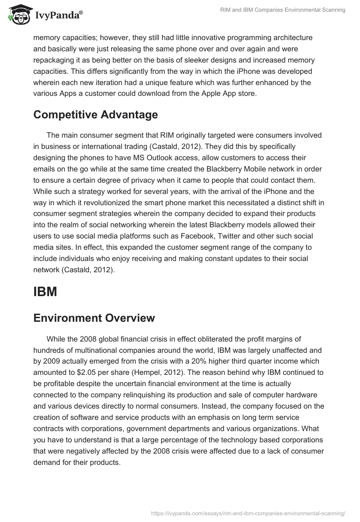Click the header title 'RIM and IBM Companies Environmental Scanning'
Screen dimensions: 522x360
click(283, 10)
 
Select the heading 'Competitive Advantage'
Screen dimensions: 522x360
click(95, 115)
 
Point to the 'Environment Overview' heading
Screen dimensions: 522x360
click(94, 318)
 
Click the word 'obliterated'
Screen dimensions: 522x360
click(222, 339)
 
